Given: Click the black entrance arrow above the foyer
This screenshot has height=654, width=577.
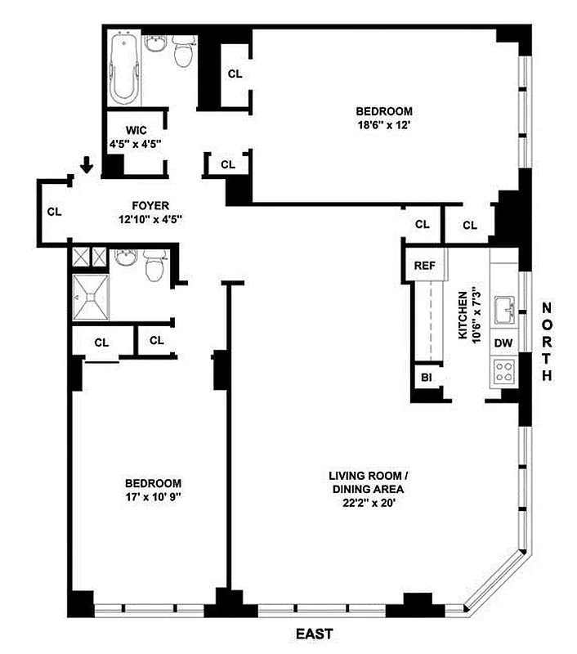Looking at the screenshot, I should pyautogui.click(x=87, y=167).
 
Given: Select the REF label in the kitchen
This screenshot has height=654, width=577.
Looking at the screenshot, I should pyautogui.click(x=423, y=266).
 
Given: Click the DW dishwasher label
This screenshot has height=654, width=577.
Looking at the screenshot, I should pyautogui.click(x=503, y=344).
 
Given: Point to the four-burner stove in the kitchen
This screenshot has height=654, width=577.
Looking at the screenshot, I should pyautogui.click(x=503, y=374).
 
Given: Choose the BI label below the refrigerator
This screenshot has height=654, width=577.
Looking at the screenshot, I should pyautogui.click(x=426, y=377).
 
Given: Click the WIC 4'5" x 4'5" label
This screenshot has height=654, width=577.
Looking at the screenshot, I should pyautogui.click(x=136, y=137).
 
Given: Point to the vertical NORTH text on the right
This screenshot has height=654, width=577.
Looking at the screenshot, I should pyautogui.click(x=547, y=341).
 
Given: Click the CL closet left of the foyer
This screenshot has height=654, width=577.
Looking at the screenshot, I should pyautogui.click(x=55, y=212).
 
